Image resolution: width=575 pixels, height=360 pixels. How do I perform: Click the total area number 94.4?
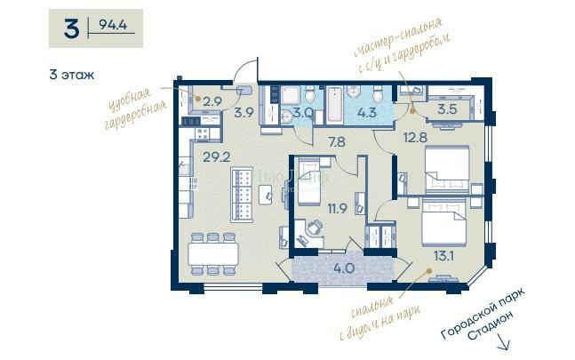[x=113, y=25]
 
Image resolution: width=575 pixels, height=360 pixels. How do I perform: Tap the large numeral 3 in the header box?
[x=71, y=28]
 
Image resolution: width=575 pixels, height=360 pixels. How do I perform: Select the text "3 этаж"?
[x=72, y=75]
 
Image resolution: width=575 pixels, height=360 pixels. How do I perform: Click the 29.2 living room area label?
[x=217, y=157]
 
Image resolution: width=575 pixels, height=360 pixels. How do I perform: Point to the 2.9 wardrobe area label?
[x=212, y=101]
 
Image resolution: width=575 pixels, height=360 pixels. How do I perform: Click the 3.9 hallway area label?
[x=244, y=113]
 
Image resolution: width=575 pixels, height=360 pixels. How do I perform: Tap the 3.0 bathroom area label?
[x=303, y=113]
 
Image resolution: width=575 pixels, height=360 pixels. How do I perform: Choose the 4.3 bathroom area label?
[x=367, y=112]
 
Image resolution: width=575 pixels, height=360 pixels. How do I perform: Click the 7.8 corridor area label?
[x=337, y=142]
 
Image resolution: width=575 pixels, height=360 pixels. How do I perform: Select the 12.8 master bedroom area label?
[x=416, y=138]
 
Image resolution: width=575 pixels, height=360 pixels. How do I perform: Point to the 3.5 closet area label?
[x=447, y=109]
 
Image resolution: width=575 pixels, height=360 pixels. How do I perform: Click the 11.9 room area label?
[x=338, y=209]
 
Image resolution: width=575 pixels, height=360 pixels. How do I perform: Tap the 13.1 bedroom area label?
[x=443, y=255]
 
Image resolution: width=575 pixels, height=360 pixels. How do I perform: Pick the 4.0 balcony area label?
[x=344, y=268]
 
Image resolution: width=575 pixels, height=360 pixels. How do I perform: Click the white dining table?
[x=213, y=254]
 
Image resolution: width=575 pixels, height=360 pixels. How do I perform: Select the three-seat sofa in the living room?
[x=242, y=195]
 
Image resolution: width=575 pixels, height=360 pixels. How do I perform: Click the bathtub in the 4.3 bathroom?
[x=334, y=104]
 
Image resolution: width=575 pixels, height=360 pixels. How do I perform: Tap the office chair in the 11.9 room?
[x=315, y=228]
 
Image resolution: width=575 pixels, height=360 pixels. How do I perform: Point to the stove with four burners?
[x=202, y=133]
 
